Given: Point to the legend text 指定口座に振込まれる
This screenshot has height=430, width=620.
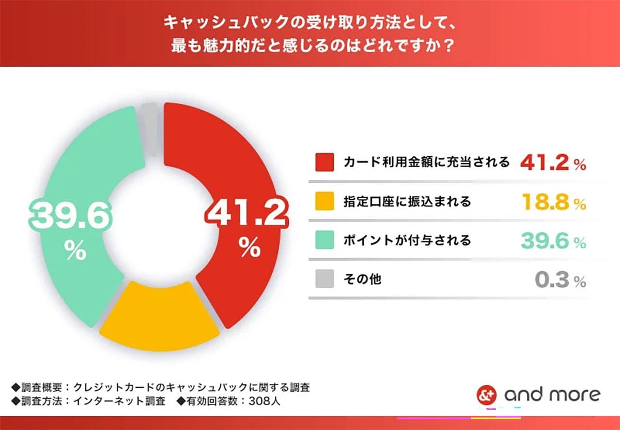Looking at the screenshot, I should coord(407,202).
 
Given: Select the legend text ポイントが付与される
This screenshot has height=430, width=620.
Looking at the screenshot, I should coord(407,241).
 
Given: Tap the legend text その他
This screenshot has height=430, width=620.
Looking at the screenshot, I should coord(362,280).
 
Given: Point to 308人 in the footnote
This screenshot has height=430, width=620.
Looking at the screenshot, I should coord(265,401).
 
